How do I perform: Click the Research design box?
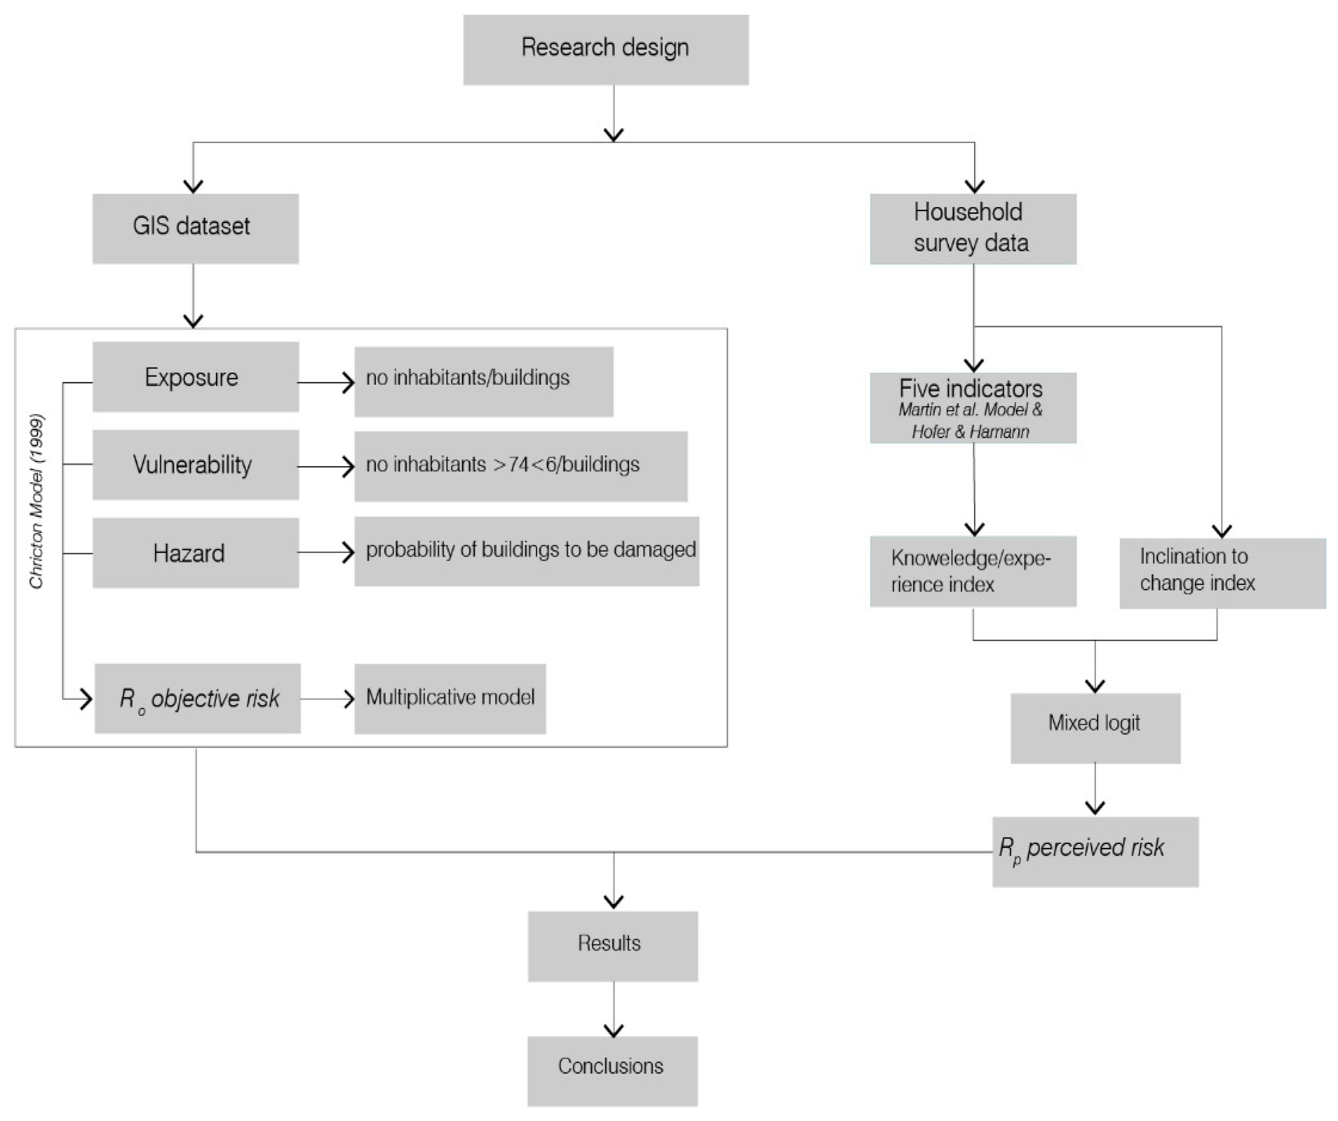tap(605, 50)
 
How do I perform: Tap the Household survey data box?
tap(973, 228)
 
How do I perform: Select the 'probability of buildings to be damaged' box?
tap(526, 551)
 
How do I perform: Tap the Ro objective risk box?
tap(198, 698)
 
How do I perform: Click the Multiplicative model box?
tap(450, 698)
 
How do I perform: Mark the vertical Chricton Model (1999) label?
tap(36, 502)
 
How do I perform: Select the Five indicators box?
tap(973, 408)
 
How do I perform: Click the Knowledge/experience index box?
tap(973, 571)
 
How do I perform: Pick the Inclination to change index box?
tap(1222, 573)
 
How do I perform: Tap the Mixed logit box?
tap(1095, 728)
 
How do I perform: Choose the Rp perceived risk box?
tap(1095, 852)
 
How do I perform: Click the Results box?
tap(612, 946)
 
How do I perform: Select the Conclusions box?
tap(612, 1071)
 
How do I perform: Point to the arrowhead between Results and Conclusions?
tap(613, 1030)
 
